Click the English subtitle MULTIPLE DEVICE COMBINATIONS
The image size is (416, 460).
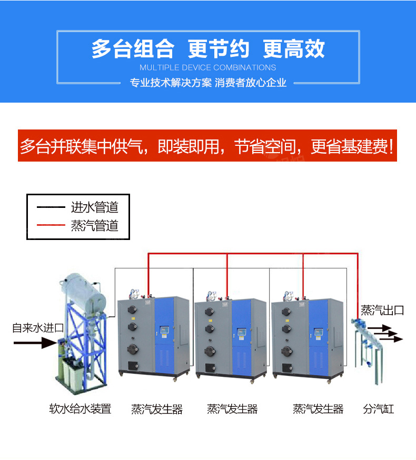pyautogui.click(x=207, y=67)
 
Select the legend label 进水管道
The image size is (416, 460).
pyautogui.click(x=95, y=207)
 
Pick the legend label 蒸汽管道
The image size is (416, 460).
pyautogui.click(x=95, y=226)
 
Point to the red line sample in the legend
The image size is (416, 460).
pyautogui.click(x=51, y=226)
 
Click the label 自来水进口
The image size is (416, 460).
pyautogui.click(x=38, y=328)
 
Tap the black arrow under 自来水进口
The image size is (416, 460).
pyautogui.click(x=35, y=343)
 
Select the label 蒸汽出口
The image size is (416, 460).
pyautogui.click(x=382, y=311)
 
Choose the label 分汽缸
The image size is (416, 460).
pyautogui.click(x=378, y=409)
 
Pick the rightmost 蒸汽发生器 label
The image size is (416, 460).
pyautogui.click(x=318, y=409)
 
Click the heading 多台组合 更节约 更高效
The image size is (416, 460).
pyautogui.click(x=207, y=49)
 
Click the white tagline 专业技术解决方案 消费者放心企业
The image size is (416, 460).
pyautogui.click(x=207, y=83)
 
